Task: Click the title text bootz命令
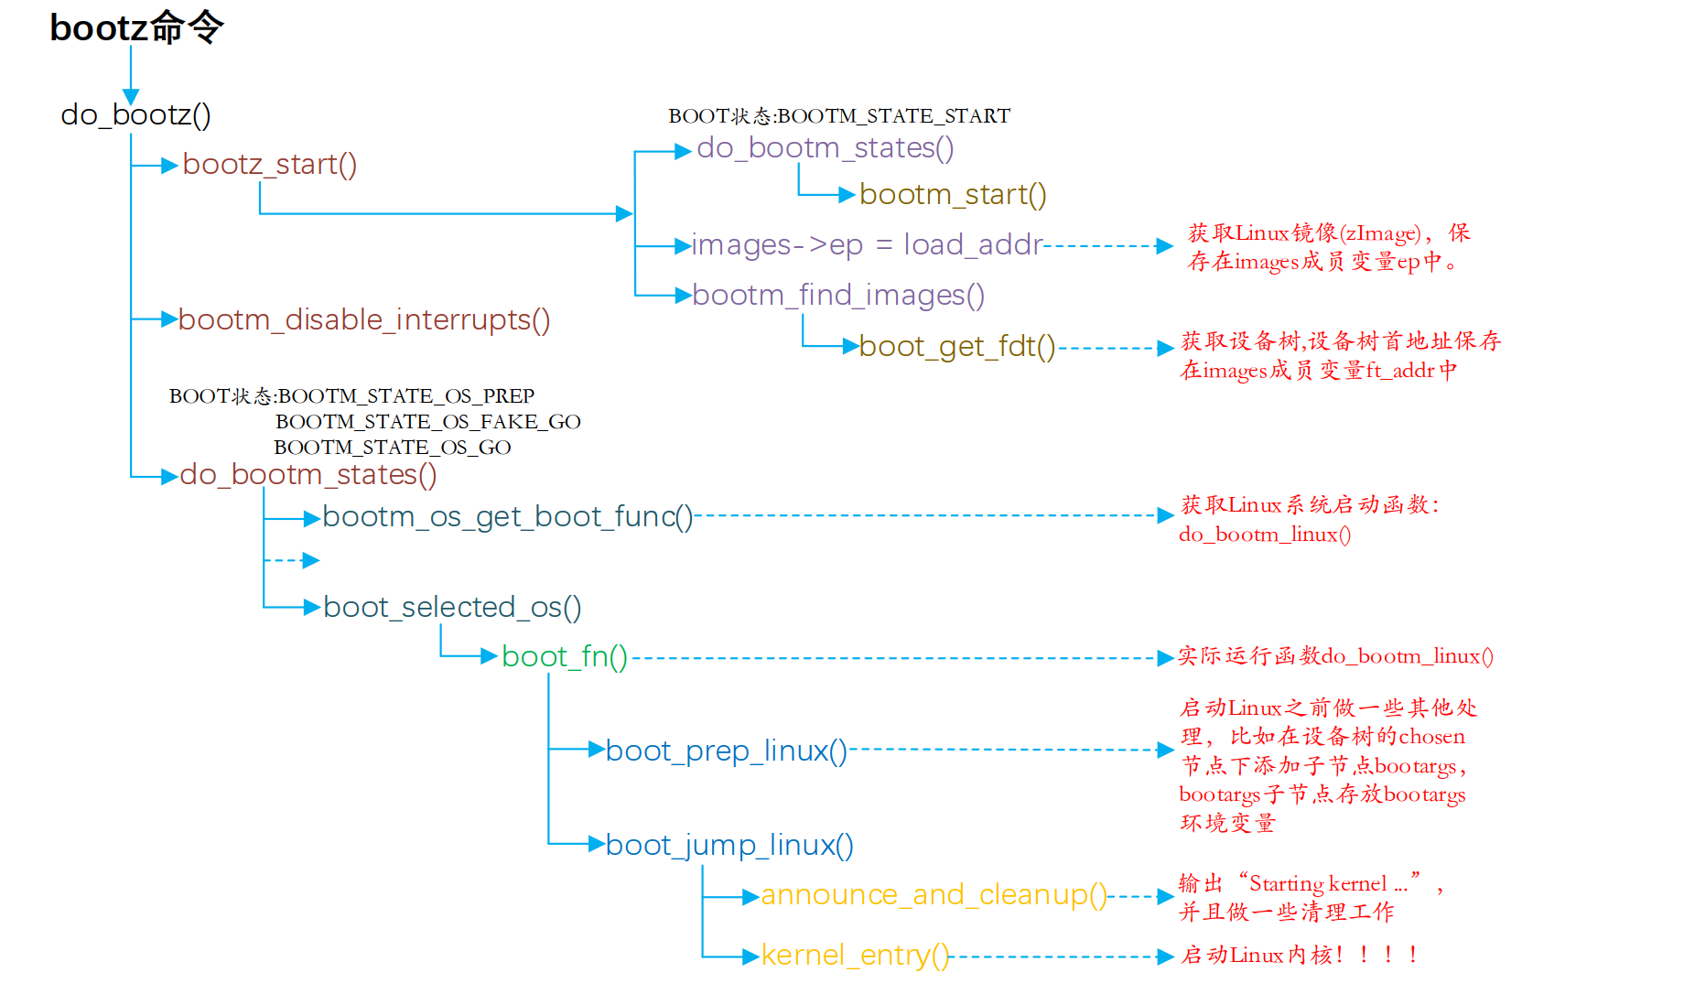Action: click(136, 27)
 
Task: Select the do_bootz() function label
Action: click(135, 115)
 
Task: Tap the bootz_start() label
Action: click(269, 165)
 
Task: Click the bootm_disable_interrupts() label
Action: click(363, 320)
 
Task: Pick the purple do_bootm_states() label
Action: click(825, 148)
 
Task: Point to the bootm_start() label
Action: click(952, 195)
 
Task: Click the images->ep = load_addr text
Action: click(867, 245)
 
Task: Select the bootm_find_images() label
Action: click(838, 296)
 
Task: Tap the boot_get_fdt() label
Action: click(956, 347)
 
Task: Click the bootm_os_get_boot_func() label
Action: click(507, 517)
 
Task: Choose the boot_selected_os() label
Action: click(452, 608)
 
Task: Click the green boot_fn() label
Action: click(564, 657)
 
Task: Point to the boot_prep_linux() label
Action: click(726, 751)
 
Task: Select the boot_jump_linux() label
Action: click(729, 846)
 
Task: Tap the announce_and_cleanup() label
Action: click(934, 895)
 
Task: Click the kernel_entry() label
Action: click(855, 956)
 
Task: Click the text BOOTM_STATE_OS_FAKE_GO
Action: click(427, 422)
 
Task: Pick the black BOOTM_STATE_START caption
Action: click(839, 116)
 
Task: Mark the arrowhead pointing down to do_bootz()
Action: click(131, 97)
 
